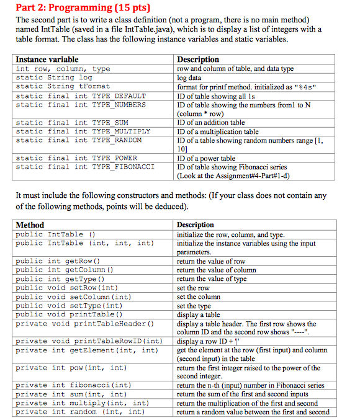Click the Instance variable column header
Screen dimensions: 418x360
(47, 60)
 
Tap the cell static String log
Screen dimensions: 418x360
(54, 78)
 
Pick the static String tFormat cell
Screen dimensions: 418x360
(63, 87)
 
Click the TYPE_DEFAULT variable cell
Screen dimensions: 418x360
(81, 96)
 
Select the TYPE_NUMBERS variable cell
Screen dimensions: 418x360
(81, 105)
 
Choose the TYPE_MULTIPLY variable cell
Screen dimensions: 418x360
(83, 131)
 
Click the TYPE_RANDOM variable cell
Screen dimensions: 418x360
(78, 140)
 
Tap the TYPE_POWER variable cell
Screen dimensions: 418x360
(76, 158)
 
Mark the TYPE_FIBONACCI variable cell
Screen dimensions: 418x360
(84, 167)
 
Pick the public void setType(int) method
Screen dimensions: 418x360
(69, 306)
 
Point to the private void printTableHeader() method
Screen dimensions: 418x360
(84, 324)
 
